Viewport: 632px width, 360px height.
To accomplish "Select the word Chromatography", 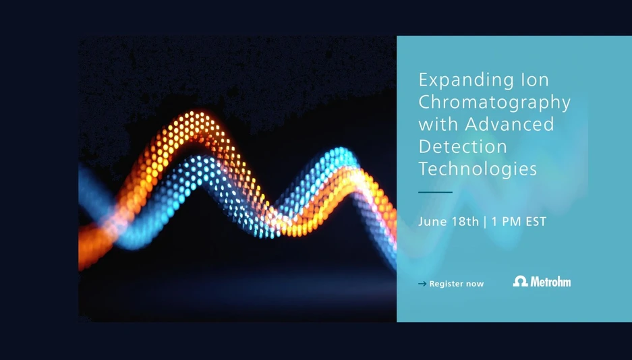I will pos(494,102).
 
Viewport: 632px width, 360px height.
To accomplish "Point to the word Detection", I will pos(462,146).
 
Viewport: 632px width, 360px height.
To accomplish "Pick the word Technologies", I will pos(478,169).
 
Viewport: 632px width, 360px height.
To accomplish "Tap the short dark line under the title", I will pos(435,192).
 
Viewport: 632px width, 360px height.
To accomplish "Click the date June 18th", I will pos(449,222).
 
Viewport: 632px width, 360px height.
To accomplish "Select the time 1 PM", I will pos(506,222).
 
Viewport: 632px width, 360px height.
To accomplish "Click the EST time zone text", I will pos(536,222).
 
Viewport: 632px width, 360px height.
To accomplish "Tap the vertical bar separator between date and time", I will pos(485,222).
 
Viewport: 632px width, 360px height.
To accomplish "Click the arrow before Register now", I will pos(422,284).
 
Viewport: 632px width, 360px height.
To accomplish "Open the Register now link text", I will pos(457,284).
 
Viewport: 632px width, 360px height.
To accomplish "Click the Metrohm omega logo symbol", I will pos(520,281).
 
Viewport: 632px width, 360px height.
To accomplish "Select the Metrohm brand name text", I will pos(550,281).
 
